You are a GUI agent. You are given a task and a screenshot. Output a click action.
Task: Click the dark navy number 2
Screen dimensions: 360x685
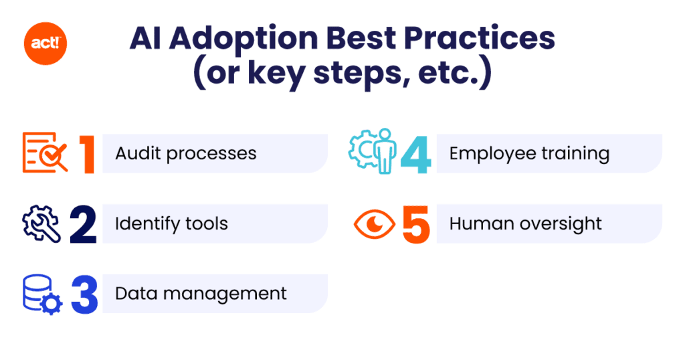(x=83, y=224)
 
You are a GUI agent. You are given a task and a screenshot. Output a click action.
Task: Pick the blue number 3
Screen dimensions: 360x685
(x=84, y=294)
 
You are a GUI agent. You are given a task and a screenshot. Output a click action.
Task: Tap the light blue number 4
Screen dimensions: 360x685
(x=416, y=154)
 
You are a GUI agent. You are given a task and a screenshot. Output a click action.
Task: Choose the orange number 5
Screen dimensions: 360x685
(x=416, y=224)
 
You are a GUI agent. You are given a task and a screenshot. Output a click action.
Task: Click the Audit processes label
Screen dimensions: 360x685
(x=185, y=153)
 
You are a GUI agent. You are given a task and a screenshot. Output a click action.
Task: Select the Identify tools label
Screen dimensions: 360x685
(x=171, y=223)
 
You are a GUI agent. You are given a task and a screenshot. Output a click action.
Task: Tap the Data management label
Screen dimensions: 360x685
(x=201, y=293)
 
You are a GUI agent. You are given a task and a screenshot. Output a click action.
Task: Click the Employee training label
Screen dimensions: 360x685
(x=529, y=153)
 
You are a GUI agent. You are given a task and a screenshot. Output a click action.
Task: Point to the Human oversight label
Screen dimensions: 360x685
(x=525, y=223)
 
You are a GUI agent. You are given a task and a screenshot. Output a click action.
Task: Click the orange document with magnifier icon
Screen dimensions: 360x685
(x=45, y=153)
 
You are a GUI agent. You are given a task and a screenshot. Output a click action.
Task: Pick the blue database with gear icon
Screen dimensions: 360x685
(x=42, y=294)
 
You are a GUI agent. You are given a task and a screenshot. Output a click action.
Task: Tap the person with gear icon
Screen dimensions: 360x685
(x=373, y=154)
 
